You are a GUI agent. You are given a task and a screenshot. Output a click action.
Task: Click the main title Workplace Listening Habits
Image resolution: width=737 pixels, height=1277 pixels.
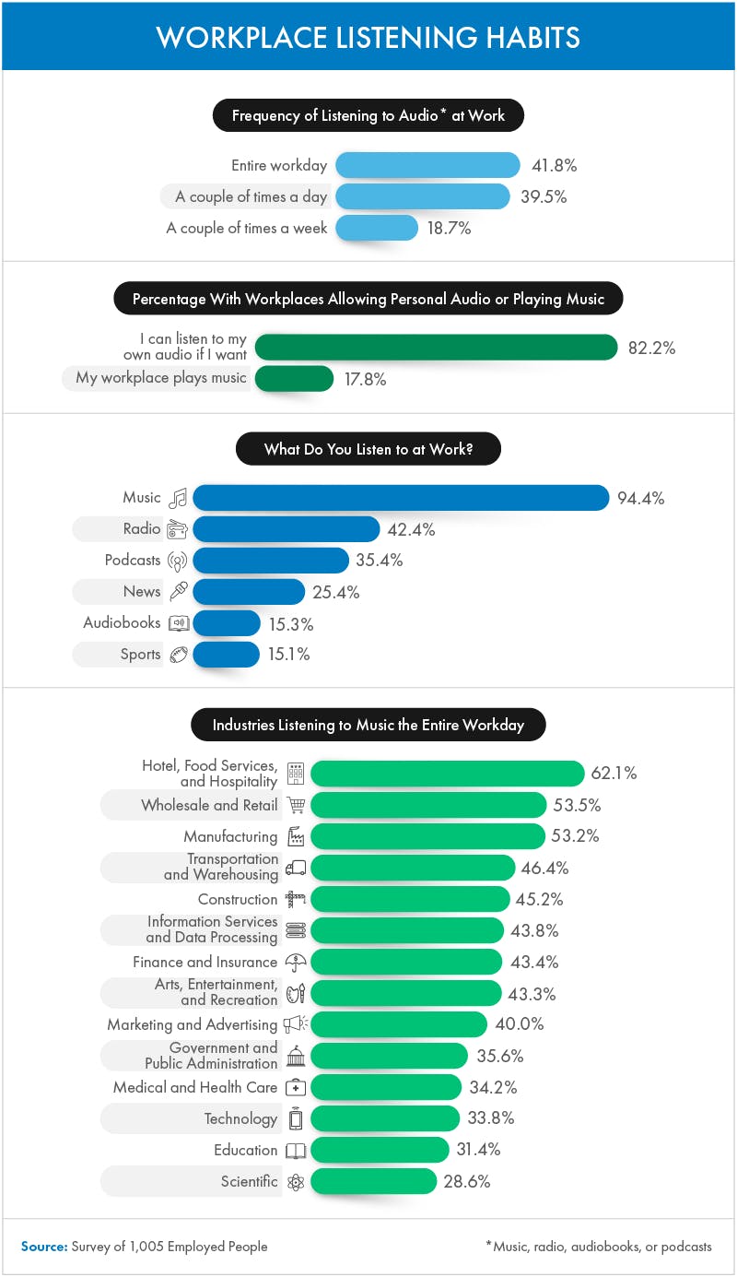(368, 37)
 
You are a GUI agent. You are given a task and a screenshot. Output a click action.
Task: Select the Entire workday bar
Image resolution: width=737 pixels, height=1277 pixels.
(428, 166)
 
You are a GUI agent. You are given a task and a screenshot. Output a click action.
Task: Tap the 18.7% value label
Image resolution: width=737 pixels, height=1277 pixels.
(449, 229)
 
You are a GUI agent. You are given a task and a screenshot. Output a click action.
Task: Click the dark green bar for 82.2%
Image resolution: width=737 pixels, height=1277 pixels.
(436, 348)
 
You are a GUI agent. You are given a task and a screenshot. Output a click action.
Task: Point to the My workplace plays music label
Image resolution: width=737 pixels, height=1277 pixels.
(161, 378)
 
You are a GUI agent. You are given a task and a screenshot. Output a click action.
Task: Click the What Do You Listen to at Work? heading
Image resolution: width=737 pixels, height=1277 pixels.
(368, 449)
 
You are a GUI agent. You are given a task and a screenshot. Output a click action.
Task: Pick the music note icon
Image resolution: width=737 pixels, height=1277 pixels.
(179, 498)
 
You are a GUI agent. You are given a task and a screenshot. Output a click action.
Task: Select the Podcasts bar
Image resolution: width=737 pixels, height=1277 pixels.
(271, 561)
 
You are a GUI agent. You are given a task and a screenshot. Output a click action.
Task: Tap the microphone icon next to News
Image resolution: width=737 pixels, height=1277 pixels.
(179, 592)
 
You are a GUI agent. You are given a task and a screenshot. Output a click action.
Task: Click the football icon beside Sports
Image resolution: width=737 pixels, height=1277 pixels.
(179, 655)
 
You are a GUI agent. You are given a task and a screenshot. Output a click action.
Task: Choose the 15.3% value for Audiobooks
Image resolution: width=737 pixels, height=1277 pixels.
(291, 624)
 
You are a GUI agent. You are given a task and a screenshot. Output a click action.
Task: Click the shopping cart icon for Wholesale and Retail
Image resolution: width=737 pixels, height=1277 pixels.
(296, 806)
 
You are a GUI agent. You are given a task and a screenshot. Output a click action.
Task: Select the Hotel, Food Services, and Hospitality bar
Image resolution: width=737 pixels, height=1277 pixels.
(447, 774)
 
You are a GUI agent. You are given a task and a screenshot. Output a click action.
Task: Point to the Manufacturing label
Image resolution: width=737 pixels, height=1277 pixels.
(230, 837)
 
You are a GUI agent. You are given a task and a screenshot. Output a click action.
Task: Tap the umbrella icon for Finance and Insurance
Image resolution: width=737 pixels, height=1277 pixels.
(296, 963)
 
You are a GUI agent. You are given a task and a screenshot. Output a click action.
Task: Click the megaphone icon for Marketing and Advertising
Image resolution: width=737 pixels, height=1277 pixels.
(296, 1024)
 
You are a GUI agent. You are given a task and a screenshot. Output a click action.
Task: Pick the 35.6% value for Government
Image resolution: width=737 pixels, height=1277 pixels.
(500, 1056)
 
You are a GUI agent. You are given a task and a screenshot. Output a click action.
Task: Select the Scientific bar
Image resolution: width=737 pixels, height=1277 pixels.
(373, 1181)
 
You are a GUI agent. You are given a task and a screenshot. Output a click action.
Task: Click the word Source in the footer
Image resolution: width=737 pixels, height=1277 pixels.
(43, 1247)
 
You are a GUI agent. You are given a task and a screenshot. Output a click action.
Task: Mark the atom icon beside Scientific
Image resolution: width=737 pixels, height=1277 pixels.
(296, 1182)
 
